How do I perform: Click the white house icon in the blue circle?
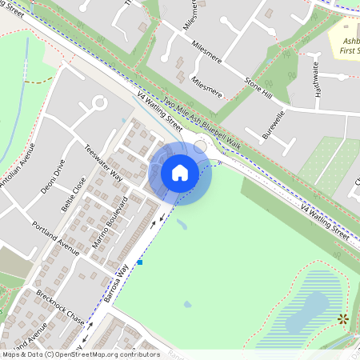coord(180,173)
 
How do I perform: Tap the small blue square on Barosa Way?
coord(139,262)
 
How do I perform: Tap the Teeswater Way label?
coord(104,163)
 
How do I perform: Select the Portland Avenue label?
coord(56,238)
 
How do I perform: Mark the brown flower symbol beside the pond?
coord(343,319)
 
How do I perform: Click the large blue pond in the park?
coord(308,312)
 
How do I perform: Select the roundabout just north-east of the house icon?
coord(200,147)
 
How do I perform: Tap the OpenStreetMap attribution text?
coord(80,354)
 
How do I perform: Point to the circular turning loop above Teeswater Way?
coord(99,103)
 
